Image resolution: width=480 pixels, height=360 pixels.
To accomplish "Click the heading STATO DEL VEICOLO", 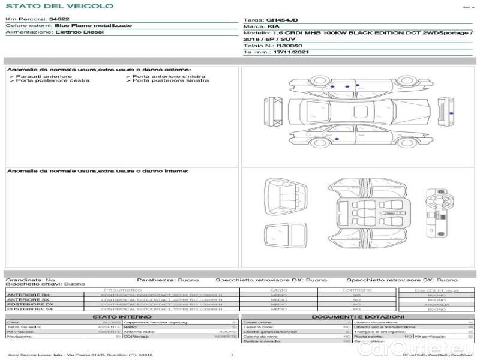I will (59, 6).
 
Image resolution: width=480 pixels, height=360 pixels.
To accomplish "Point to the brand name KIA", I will (272, 27).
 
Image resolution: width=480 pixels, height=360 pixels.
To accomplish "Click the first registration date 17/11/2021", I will (287, 52).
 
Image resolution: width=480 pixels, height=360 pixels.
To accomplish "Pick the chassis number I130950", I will (289, 46).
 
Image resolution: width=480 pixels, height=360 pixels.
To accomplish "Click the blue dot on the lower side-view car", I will (337, 139).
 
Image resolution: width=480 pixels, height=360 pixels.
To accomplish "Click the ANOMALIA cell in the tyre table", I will (437, 304).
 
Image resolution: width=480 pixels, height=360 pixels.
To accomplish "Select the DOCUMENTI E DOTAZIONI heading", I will (358, 316).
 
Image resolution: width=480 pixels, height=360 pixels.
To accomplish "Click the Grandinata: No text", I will (30, 280).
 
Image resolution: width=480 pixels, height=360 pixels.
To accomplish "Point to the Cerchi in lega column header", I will (437, 290).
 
